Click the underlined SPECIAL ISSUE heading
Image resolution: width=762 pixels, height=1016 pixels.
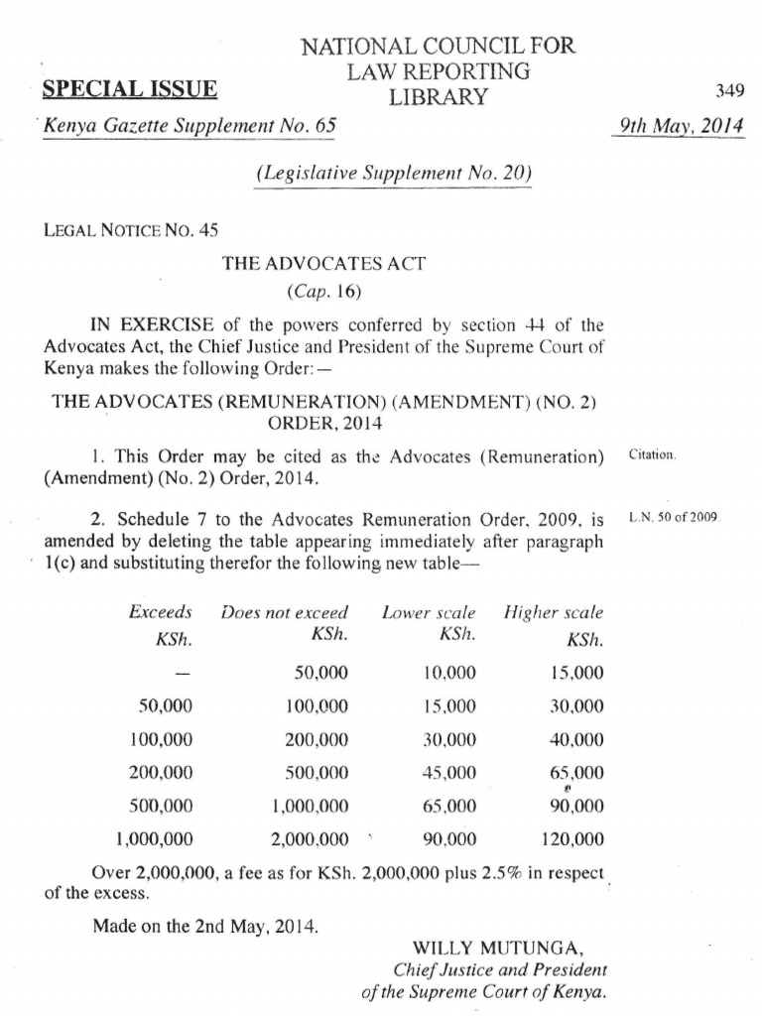click(130, 89)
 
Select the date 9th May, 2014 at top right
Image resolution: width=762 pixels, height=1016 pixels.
click(679, 126)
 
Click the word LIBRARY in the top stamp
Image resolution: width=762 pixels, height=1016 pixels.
click(438, 96)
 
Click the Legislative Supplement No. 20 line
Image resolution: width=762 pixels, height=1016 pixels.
click(394, 173)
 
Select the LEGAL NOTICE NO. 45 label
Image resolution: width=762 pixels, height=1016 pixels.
click(130, 230)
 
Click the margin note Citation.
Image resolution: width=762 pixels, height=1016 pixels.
click(653, 455)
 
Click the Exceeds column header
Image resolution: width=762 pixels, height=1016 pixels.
click(161, 612)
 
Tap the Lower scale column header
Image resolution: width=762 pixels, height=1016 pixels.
click(429, 612)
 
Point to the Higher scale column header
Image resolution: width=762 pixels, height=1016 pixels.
click(553, 612)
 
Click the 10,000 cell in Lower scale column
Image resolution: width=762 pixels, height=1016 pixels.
click(448, 673)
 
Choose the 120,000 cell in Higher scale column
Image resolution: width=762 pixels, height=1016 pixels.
click(571, 839)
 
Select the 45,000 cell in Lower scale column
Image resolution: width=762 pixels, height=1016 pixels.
click(448, 772)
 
